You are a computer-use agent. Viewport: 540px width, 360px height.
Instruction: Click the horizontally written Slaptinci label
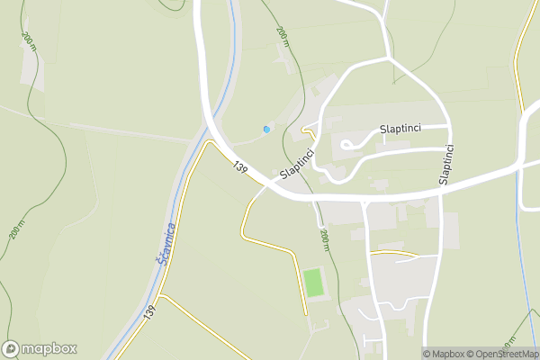pyautogui.click(x=402, y=130)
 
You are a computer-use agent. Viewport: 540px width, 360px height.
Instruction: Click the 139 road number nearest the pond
pyautogui.click(x=239, y=167)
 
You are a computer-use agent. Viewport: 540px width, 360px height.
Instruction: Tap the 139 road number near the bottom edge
pyautogui.click(x=149, y=312)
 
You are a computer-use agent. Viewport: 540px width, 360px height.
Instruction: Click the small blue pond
pyautogui.click(x=266, y=130)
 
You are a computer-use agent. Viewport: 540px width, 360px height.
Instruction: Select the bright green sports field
pyautogui.click(x=313, y=283)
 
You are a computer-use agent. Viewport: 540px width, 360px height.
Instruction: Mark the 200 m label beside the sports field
pyautogui.click(x=325, y=241)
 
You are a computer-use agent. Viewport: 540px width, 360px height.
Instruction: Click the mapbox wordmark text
pyautogui.click(x=49, y=349)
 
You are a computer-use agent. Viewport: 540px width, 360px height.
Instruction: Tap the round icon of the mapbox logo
pyautogui.click(x=12, y=349)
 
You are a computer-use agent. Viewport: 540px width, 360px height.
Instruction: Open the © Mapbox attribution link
pyautogui.click(x=446, y=354)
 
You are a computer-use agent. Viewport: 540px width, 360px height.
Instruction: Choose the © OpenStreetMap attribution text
pyautogui.click(x=505, y=354)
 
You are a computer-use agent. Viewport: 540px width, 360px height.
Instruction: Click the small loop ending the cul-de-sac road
pyautogui.click(x=346, y=142)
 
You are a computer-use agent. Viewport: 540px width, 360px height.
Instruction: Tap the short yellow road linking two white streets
pyautogui.click(x=394, y=253)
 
